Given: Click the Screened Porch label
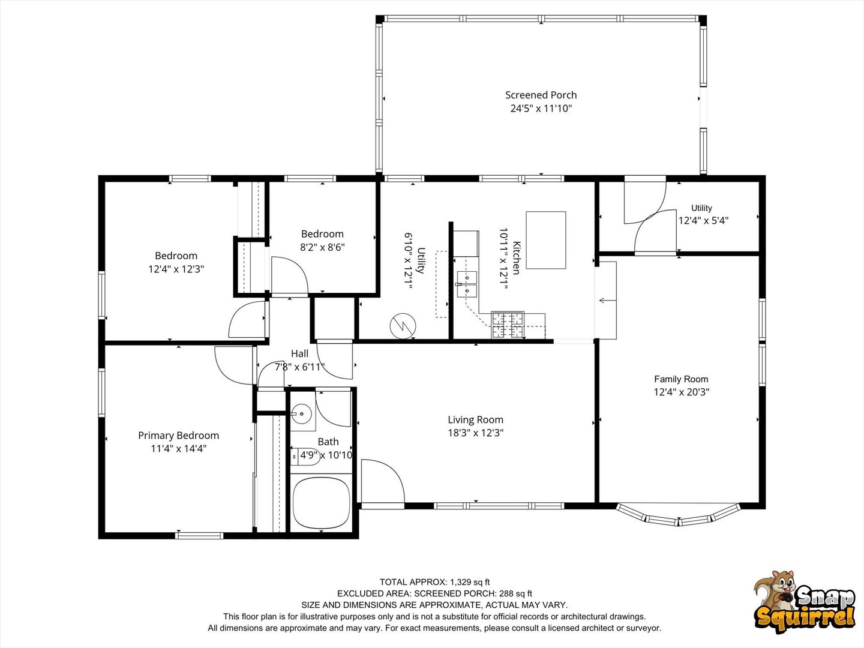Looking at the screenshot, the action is (x=541, y=95).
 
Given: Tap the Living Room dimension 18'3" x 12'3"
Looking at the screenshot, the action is (x=475, y=433).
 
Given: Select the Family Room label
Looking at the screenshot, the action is (x=681, y=379).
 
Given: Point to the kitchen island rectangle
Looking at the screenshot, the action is (x=546, y=240).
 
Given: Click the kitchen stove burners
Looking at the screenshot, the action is (x=508, y=325).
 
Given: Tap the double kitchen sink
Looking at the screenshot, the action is (x=467, y=284).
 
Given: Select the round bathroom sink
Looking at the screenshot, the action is (x=301, y=413).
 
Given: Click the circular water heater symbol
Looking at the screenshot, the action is (x=403, y=326).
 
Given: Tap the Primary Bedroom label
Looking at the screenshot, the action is (x=178, y=436).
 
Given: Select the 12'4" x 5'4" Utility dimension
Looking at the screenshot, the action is (x=703, y=220).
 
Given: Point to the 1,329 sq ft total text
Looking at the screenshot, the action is (x=470, y=582).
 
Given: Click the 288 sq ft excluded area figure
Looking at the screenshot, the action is (x=515, y=593).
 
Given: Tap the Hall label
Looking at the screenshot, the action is (x=299, y=353).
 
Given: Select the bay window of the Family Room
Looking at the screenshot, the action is (x=678, y=515).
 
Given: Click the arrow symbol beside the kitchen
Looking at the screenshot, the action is (x=607, y=301).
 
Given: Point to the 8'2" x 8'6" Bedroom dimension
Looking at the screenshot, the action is (x=322, y=247).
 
